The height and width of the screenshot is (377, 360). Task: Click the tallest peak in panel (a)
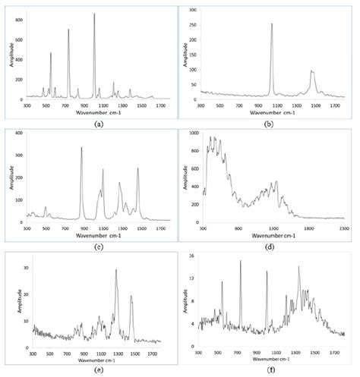(x=94, y=14)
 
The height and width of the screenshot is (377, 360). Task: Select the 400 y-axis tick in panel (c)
(x=21, y=134)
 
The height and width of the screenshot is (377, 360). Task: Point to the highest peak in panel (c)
(x=81, y=147)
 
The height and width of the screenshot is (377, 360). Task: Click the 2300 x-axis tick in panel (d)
(x=344, y=226)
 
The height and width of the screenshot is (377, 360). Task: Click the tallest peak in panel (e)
(x=116, y=269)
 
